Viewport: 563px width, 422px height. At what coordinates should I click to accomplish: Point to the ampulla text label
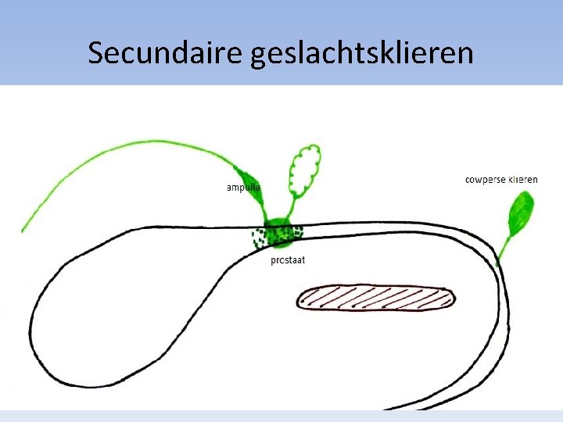pyautogui.click(x=243, y=188)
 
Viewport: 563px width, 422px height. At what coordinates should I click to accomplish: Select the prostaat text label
pyautogui.click(x=288, y=260)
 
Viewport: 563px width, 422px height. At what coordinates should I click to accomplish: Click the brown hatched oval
pyautogui.click(x=375, y=298)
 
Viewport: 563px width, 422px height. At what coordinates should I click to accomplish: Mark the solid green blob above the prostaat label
pyautogui.click(x=277, y=231)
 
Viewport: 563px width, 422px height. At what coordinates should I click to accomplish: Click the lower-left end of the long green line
pyautogui.click(x=23, y=229)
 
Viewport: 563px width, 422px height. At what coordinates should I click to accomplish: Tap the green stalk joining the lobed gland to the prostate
pyautogui.click(x=290, y=209)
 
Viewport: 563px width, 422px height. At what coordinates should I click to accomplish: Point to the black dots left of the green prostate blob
pyautogui.click(x=257, y=236)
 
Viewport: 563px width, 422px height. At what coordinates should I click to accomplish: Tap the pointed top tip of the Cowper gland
pyautogui.click(x=529, y=193)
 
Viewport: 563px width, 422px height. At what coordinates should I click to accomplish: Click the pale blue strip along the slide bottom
pyautogui.click(x=281, y=416)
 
